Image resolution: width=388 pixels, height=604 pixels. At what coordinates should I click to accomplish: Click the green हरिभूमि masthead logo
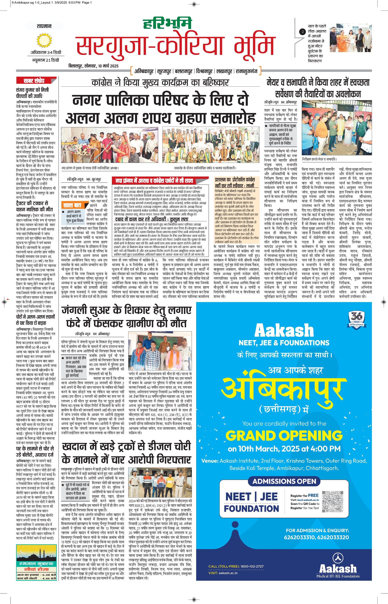pyautogui.click(x=167, y=23)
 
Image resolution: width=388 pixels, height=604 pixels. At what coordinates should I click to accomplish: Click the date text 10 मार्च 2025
pyautogui.click(x=108, y=66)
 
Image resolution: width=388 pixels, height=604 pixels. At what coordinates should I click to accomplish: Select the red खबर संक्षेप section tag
pyautogui.click(x=34, y=80)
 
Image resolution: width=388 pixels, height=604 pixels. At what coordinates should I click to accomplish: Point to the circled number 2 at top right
pyautogui.click(x=302, y=32)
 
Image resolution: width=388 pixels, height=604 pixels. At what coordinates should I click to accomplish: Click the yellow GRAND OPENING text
pyautogui.click(x=284, y=435)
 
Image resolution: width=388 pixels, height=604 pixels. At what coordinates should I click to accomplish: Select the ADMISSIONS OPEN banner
pyautogui.click(x=284, y=481)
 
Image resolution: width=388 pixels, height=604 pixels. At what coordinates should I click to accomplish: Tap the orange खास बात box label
pyautogui.click(x=72, y=205)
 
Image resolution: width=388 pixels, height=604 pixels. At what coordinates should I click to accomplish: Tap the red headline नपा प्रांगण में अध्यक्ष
pyautogui.click(x=154, y=181)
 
